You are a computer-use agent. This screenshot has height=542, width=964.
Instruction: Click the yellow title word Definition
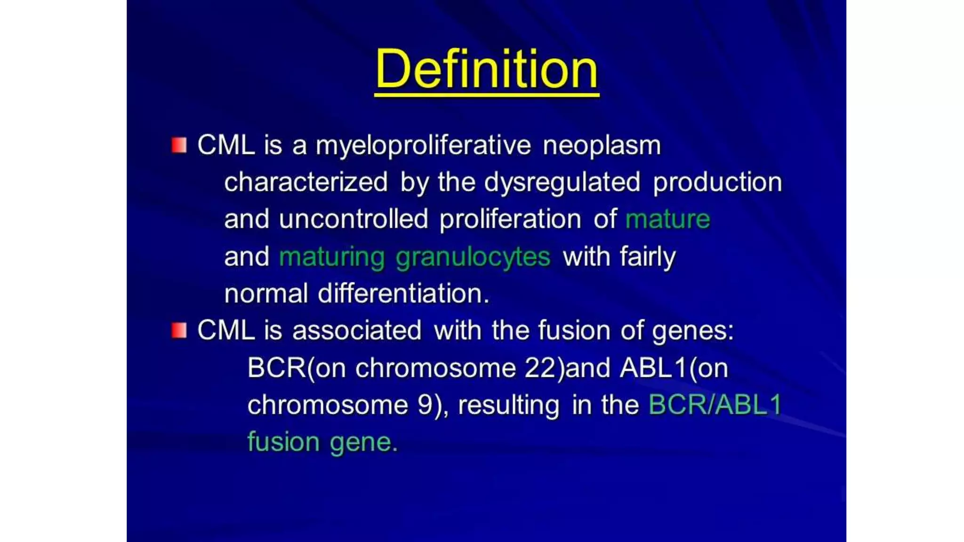(487, 70)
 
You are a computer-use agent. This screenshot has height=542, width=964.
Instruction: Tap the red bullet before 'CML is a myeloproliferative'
(179, 145)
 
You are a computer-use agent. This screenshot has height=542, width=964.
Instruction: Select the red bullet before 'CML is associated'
(179, 330)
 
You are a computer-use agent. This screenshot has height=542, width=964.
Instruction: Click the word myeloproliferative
(423, 145)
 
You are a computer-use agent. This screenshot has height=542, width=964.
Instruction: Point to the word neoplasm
(602, 145)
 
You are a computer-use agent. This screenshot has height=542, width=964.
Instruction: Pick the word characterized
(306, 182)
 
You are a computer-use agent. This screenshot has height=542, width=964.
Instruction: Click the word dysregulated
(562, 182)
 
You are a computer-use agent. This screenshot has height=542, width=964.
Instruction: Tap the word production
(717, 182)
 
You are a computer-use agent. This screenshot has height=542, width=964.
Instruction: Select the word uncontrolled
(353, 219)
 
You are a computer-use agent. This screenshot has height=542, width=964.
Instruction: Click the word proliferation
(510, 219)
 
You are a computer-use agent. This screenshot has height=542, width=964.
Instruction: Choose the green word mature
(667, 219)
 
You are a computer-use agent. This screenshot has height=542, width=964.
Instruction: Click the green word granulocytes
(473, 257)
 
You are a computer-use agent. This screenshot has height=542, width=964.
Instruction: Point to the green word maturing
(332, 257)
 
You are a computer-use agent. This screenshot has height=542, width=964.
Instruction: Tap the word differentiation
(403, 294)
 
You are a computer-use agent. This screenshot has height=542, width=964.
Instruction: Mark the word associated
(357, 330)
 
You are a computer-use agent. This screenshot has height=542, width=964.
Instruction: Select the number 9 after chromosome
(425, 405)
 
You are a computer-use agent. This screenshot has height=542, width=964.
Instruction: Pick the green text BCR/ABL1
(715, 405)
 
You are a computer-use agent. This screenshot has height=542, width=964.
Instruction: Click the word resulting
(508, 406)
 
